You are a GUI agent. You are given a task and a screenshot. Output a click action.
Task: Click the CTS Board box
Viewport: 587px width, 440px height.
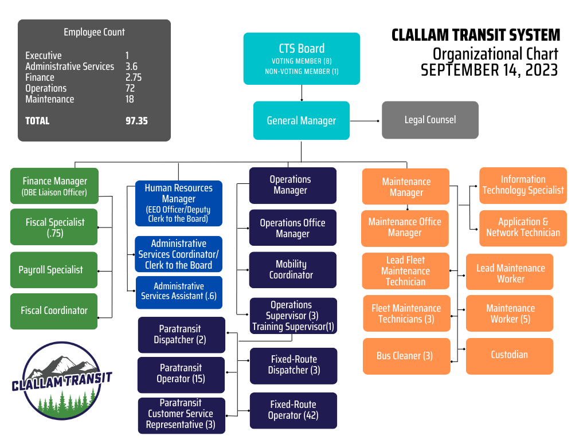click(x=302, y=58)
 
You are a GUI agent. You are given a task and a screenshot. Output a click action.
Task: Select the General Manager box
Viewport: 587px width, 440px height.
click(x=302, y=120)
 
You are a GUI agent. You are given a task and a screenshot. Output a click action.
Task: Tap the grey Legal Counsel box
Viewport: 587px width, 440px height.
click(x=430, y=120)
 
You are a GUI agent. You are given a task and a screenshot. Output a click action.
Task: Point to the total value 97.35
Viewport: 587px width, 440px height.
click(x=136, y=121)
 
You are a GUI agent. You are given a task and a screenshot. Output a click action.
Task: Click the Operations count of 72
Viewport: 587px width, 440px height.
click(x=130, y=88)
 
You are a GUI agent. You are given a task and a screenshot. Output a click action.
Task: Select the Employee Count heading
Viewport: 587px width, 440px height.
click(x=94, y=32)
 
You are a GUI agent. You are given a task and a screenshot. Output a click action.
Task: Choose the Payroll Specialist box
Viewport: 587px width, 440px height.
click(x=54, y=270)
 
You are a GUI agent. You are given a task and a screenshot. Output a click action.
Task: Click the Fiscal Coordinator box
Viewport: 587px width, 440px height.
click(x=54, y=311)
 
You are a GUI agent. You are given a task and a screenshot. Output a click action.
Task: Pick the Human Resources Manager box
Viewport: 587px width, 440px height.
click(x=178, y=203)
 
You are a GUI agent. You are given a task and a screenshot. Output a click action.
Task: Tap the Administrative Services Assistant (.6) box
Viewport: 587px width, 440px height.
click(x=178, y=291)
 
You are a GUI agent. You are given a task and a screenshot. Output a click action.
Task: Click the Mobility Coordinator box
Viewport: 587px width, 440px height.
click(x=292, y=269)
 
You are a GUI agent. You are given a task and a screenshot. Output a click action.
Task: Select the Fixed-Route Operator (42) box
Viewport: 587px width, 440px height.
click(x=293, y=410)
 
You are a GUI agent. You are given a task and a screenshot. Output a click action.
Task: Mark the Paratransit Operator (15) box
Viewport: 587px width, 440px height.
click(x=181, y=373)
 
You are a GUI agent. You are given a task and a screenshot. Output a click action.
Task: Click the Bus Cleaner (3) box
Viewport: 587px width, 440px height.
click(x=405, y=356)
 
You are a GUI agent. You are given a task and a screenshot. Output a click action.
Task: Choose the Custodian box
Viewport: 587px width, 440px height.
click(x=509, y=355)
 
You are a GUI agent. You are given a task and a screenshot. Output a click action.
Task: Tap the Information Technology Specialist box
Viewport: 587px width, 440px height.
click(x=523, y=185)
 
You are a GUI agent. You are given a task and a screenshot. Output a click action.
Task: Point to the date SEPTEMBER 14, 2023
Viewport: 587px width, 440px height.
click(x=489, y=70)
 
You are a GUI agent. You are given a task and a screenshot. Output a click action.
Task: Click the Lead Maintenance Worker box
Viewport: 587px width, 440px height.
click(x=510, y=273)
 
